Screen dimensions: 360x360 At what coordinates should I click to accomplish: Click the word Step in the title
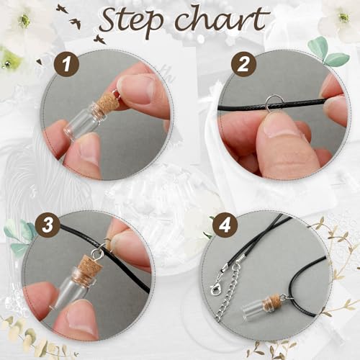131,22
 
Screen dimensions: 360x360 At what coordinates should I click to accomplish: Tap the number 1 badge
66,64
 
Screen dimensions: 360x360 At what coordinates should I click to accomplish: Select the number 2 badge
243,64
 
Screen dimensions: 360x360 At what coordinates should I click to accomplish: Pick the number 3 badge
48,225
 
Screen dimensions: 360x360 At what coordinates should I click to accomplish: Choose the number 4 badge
225,225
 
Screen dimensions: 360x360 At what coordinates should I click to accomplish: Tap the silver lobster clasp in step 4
215,289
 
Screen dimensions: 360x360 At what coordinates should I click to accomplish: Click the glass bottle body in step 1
82,120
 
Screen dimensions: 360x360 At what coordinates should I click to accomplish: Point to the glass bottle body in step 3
71,289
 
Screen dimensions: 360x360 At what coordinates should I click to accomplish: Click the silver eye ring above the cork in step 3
97,253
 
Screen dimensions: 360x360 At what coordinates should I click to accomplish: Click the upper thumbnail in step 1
137,89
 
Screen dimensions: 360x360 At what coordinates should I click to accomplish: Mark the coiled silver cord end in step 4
243,260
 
